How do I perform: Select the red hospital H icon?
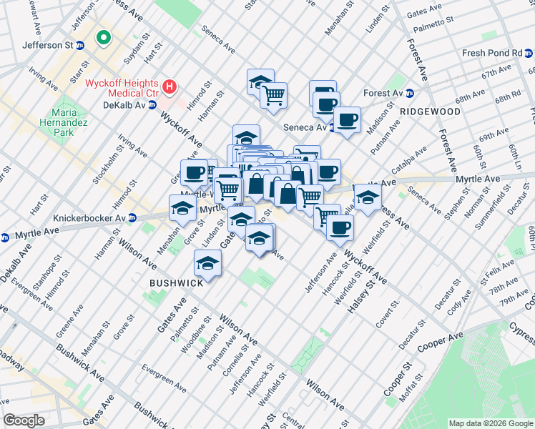tap(170, 87)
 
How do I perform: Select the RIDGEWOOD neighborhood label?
tap(430, 112)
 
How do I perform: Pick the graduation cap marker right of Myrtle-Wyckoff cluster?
tap(368, 197)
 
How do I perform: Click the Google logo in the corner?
tap(24, 420)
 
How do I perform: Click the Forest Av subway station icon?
tap(411, 93)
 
